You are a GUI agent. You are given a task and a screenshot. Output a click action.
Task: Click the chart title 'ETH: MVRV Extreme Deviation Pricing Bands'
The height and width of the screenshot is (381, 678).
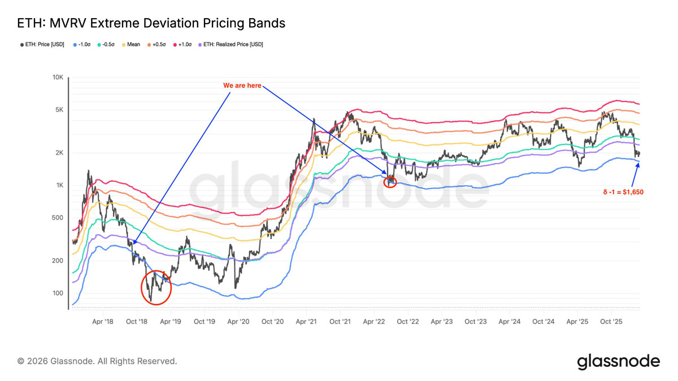(151, 23)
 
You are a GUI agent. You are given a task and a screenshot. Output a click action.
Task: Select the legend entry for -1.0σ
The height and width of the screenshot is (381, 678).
(82, 45)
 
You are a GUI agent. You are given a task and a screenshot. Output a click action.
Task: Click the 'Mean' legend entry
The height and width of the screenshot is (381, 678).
(131, 45)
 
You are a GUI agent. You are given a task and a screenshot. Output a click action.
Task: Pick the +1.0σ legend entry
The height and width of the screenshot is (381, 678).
(182, 45)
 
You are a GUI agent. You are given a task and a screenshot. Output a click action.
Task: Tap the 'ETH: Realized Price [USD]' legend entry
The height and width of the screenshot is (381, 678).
(231, 45)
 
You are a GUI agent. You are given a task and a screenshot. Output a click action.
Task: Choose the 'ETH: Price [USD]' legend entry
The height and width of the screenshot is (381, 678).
(42, 45)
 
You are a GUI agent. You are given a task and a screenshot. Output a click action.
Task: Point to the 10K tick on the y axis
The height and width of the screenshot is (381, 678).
(58, 77)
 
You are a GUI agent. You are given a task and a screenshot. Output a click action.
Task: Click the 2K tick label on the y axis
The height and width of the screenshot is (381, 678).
(59, 153)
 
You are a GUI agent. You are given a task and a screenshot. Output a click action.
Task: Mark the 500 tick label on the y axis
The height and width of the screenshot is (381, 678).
(58, 217)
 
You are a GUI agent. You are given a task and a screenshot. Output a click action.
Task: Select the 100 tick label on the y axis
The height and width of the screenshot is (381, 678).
(58, 293)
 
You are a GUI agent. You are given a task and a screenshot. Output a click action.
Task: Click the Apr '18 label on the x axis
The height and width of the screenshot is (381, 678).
(103, 321)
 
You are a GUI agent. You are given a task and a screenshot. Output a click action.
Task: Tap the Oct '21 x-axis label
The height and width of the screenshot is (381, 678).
(340, 321)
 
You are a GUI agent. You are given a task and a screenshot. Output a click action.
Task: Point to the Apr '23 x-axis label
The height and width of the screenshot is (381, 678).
(442, 321)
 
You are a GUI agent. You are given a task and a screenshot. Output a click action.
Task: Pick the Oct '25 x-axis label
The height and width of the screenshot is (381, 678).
(611, 321)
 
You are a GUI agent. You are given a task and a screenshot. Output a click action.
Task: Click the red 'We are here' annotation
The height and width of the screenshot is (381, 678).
(242, 86)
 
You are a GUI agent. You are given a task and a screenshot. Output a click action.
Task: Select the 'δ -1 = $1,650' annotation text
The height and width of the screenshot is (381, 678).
(623, 192)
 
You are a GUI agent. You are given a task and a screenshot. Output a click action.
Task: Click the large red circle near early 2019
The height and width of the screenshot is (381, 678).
(141, 287)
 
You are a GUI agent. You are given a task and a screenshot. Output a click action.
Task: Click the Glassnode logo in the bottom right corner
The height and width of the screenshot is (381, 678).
(618, 361)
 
